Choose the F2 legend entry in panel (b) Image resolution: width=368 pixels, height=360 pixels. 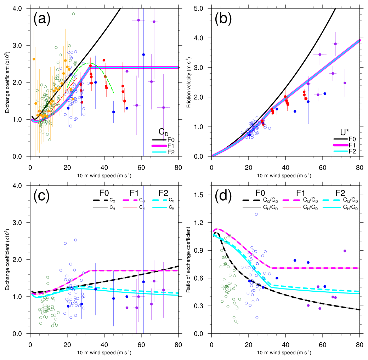click(353, 152)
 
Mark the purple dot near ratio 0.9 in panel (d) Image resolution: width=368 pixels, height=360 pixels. click(345, 251)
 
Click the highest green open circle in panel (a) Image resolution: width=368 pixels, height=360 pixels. click(73, 14)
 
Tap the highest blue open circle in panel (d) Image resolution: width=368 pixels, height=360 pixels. click(256, 214)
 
